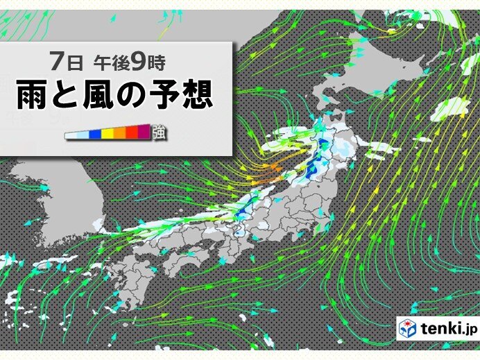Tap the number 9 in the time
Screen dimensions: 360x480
tap(138, 63)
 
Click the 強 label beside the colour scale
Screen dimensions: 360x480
tap(158, 132)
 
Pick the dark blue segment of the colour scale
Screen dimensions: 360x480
tap(95, 133)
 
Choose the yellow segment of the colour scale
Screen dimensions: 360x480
tap(108, 133)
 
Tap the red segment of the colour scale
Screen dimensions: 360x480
tap(132, 133)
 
